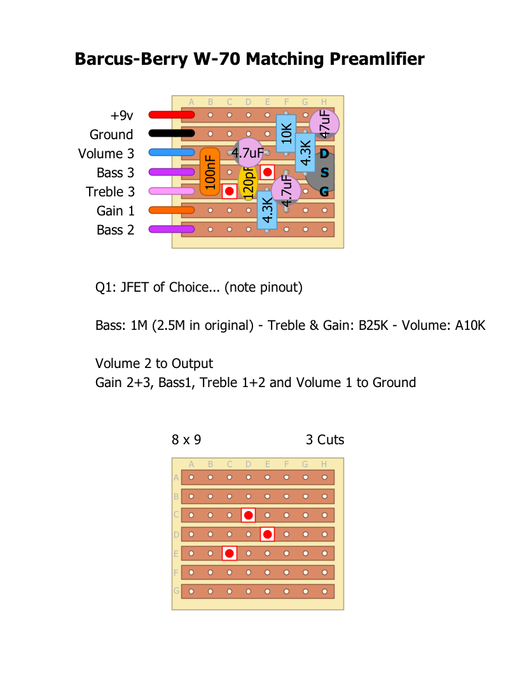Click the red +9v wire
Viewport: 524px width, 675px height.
coord(171,115)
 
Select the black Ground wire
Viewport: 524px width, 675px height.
coord(171,134)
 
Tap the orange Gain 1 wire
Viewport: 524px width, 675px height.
coord(171,210)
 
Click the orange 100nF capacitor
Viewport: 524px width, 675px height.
coord(210,172)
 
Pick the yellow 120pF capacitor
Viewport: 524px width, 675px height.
coord(247,184)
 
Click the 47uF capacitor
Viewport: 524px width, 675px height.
coord(324,123)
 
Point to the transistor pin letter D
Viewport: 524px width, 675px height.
coord(324,154)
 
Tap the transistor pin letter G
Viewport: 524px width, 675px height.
coord(324,191)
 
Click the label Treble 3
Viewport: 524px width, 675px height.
coord(110,192)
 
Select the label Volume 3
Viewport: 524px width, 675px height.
coord(106,154)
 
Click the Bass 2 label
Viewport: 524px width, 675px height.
coord(116,230)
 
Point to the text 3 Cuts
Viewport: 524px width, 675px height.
coord(325,440)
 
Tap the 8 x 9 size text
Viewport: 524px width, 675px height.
coord(186,440)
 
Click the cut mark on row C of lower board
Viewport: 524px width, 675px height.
coord(249,515)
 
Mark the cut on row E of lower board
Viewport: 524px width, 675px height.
coord(230,554)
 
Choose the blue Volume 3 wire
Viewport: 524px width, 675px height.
coord(171,153)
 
